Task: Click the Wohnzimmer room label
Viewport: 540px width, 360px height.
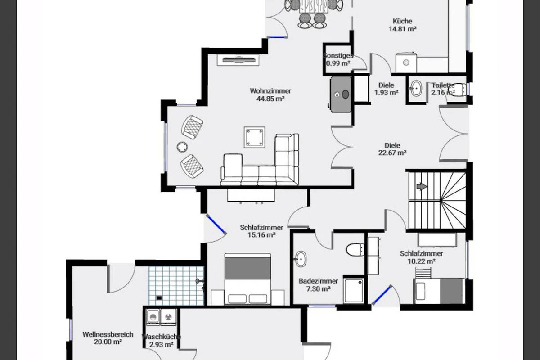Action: click(x=270, y=91)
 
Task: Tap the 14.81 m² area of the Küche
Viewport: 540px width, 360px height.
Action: click(x=403, y=29)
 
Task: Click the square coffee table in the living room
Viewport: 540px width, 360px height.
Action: click(x=254, y=137)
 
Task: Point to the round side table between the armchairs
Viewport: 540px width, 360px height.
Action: click(x=182, y=147)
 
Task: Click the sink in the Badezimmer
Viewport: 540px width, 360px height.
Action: click(x=301, y=259)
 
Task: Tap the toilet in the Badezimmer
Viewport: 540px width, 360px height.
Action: click(x=355, y=250)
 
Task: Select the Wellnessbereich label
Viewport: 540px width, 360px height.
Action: click(x=108, y=334)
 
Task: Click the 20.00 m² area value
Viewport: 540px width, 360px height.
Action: click(x=108, y=342)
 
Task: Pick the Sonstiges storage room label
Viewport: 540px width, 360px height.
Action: click(x=338, y=56)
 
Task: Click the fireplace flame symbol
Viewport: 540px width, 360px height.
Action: click(x=337, y=94)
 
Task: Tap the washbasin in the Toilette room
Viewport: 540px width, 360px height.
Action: click(x=416, y=89)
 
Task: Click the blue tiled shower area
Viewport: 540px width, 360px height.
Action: click(x=176, y=285)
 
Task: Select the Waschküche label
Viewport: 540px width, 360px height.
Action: click(x=161, y=337)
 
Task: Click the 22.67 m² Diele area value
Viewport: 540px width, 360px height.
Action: click(x=392, y=153)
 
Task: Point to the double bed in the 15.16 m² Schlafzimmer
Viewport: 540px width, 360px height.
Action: click(x=247, y=279)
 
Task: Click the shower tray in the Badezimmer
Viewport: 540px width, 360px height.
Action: click(x=354, y=290)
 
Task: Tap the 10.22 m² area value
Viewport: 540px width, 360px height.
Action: click(x=421, y=261)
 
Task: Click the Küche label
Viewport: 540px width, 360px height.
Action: click(x=403, y=21)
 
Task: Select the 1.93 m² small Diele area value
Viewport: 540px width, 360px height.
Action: click(x=386, y=93)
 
